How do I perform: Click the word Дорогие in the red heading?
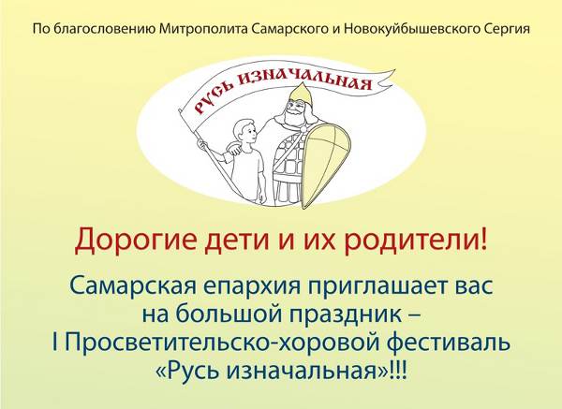pos(136,240)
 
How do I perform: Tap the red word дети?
pos(237,240)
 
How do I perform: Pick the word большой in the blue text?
pos(229,314)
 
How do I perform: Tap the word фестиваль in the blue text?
pos(449,342)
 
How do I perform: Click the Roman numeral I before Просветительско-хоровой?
pos(55,342)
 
